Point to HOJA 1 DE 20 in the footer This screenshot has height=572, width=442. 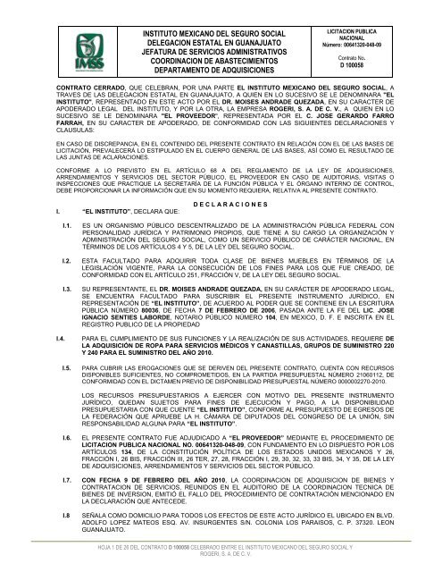[81, 543]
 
